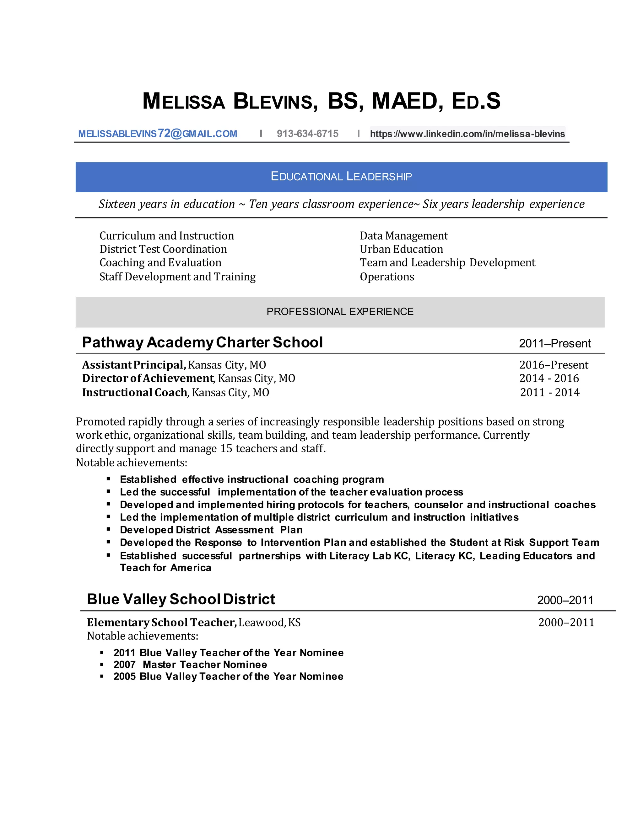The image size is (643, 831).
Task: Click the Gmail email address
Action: (x=157, y=134)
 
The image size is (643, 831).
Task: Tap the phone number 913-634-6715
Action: (x=307, y=134)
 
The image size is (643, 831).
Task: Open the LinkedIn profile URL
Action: (x=467, y=134)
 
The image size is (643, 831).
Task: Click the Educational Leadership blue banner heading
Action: (x=341, y=177)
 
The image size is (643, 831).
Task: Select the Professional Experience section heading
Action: (x=340, y=312)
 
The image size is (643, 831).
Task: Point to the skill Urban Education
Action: (x=401, y=249)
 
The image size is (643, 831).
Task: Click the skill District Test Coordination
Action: (x=163, y=249)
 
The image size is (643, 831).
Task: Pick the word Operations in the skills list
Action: (x=386, y=277)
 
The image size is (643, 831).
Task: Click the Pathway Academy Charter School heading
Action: (x=202, y=342)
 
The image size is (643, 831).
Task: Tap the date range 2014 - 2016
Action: (x=549, y=378)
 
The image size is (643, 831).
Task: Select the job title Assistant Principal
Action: (x=134, y=365)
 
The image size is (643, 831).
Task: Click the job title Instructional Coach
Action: (x=134, y=392)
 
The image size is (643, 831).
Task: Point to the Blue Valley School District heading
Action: (x=181, y=599)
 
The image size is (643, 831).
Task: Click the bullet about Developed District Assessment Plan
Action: (x=211, y=530)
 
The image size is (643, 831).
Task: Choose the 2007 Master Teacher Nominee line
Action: (x=190, y=664)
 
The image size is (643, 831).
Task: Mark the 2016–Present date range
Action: (x=554, y=365)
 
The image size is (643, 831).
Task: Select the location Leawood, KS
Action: (x=269, y=622)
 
